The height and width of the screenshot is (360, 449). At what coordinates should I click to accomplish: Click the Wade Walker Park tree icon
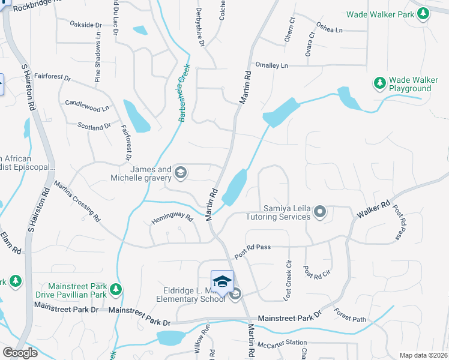423,13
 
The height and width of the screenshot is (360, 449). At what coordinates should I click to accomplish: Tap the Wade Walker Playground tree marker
379,83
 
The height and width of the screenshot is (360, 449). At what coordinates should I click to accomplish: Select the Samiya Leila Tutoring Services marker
321,211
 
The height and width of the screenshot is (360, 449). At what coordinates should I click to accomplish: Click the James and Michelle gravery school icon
180,173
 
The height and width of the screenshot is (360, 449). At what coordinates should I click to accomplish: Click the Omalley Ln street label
271,65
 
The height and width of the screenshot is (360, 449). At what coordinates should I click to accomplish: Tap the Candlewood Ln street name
87,106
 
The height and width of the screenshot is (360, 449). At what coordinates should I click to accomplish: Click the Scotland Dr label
94,126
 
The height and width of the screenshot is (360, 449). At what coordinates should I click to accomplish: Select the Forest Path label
351,316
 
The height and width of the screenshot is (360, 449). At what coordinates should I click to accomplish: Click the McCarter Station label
277,344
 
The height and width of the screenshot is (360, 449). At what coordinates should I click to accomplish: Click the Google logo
20,353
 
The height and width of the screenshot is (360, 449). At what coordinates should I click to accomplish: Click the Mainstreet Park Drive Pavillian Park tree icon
115,290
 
